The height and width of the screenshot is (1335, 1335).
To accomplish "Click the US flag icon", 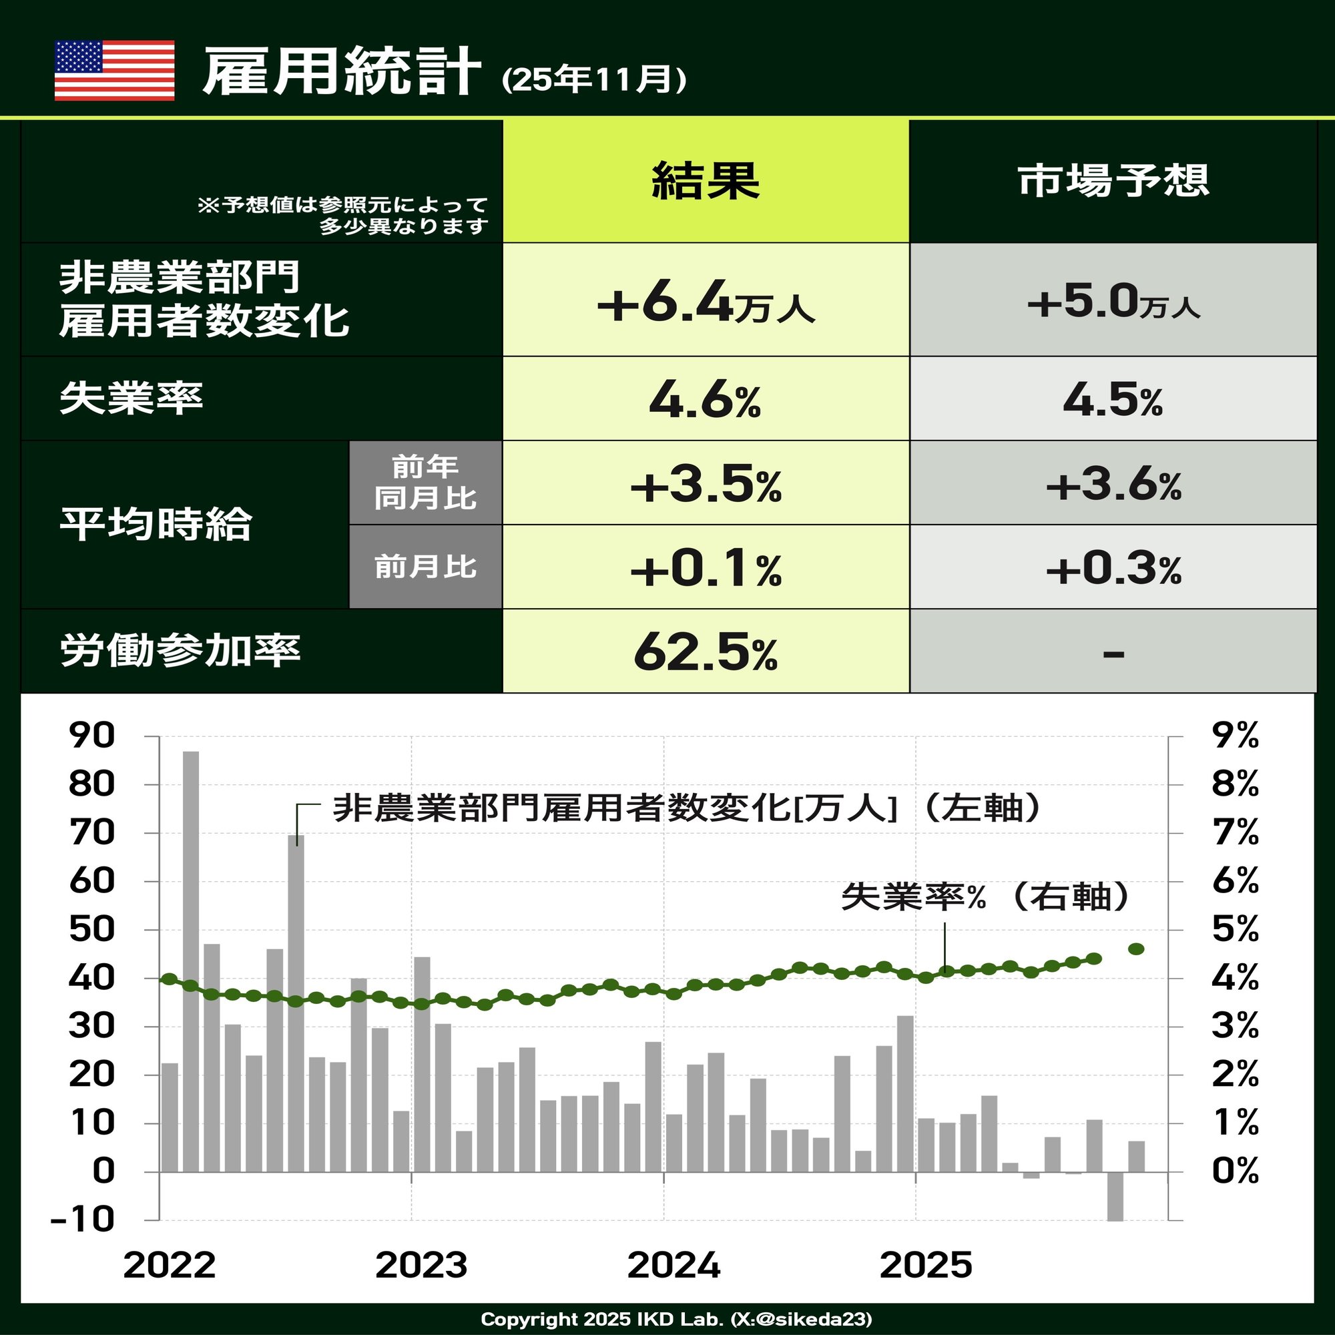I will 114,71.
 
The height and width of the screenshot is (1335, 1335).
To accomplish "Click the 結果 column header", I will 706,181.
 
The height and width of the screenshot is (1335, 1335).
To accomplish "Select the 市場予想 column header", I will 1113,181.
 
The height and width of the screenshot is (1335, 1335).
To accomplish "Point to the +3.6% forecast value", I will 1113,485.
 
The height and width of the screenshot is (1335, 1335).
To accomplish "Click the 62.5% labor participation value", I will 706,652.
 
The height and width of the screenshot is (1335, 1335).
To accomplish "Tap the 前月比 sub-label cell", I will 426,567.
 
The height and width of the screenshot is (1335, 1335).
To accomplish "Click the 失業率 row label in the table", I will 131,398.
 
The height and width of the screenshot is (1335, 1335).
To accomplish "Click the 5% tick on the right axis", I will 1235,929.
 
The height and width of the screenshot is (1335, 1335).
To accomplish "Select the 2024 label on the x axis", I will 674,1264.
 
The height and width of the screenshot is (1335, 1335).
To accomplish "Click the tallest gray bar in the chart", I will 191,961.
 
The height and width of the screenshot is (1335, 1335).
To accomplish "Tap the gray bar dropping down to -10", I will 1115,1196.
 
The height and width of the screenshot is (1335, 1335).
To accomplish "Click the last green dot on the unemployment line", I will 1136,949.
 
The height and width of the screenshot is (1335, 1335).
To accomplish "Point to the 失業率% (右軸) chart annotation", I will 985,897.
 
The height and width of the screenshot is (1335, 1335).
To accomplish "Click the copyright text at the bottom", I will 676,1318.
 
